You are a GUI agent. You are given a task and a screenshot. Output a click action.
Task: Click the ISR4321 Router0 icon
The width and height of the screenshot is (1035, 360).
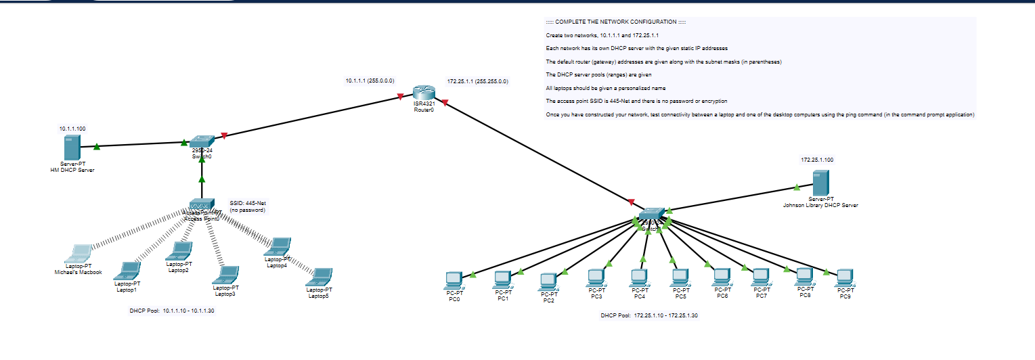pyautogui.click(x=423, y=94)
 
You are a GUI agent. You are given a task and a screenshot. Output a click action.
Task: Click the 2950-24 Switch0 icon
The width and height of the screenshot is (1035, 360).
pyautogui.click(x=202, y=141)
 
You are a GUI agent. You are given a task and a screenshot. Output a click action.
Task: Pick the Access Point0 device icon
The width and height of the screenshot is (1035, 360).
pyautogui.click(x=202, y=204)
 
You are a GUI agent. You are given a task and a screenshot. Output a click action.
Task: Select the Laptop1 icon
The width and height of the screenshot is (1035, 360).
pyautogui.click(x=127, y=271)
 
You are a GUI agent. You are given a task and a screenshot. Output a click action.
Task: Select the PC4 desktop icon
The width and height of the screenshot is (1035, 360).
pyautogui.click(x=638, y=277)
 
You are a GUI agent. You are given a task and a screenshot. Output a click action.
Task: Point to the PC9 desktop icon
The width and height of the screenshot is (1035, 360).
pyautogui.click(x=844, y=277)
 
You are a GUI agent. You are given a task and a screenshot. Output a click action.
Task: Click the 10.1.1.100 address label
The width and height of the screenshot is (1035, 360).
pyautogui.click(x=72, y=128)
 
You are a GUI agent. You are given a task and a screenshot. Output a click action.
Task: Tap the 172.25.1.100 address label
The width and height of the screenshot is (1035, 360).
pyautogui.click(x=817, y=160)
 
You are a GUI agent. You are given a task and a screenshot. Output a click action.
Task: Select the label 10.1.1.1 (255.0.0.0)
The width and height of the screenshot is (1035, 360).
pyautogui.click(x=370, y=81)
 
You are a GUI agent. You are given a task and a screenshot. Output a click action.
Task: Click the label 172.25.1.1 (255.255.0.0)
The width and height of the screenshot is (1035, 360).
pyautogui.click(x=477, y=81)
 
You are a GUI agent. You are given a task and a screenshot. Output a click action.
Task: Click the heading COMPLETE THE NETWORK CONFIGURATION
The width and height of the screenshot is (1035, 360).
pyautogui.click(x=615, y=22)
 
